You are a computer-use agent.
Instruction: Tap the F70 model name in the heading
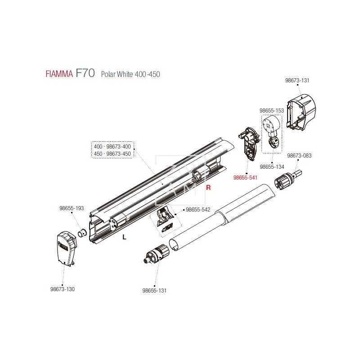click(85, 73)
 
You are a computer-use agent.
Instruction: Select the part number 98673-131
click(297, 81)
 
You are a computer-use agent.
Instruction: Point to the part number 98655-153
click(271, 110)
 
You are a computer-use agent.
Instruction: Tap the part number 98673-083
click(299, 155)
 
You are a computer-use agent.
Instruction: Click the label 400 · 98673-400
click(112, 147)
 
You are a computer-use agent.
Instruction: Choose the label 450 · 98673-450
click(112, 153)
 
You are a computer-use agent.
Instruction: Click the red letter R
click(208, 188)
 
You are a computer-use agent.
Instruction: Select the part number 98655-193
click(72, 208)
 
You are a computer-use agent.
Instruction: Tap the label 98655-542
click(198, 210)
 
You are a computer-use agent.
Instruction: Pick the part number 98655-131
click(154, 290)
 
